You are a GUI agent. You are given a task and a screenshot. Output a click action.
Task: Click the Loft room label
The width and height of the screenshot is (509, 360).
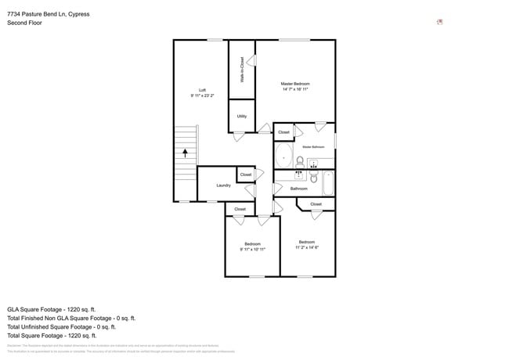(202, 90)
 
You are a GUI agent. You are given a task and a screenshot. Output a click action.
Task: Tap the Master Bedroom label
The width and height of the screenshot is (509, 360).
(295, 84)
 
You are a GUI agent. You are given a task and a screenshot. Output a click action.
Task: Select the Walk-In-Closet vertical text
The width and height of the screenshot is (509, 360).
(242, 70)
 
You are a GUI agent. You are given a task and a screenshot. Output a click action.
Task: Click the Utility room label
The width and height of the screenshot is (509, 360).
(242, 117)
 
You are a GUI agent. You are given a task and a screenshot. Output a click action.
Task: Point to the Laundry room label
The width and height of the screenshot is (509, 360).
(223, 185)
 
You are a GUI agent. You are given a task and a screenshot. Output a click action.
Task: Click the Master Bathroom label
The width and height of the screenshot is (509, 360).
(313, 146)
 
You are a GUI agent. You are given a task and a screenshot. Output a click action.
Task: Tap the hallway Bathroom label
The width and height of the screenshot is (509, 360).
(299, 189)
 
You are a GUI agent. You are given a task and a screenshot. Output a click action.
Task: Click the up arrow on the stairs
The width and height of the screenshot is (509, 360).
(185, 153)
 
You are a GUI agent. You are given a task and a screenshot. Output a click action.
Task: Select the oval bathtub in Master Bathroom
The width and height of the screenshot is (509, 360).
(283, 157)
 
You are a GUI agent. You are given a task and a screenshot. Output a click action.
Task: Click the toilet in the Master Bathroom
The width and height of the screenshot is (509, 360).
(299, 162)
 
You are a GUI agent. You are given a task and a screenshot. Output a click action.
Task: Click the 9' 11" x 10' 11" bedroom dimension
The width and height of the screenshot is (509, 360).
(252, 249)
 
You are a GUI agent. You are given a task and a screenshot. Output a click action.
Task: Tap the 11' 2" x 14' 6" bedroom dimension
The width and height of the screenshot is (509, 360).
(306, 247)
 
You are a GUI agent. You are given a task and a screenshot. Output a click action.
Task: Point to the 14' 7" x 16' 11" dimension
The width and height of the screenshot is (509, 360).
(295, 89)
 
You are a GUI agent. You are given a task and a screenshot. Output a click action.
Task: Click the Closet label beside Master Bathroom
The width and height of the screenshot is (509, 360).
(283, 132)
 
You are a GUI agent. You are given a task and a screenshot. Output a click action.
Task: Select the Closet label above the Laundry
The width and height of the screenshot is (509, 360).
(245, 175)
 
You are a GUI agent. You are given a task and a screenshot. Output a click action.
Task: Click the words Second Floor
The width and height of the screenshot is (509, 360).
(24, 23)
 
